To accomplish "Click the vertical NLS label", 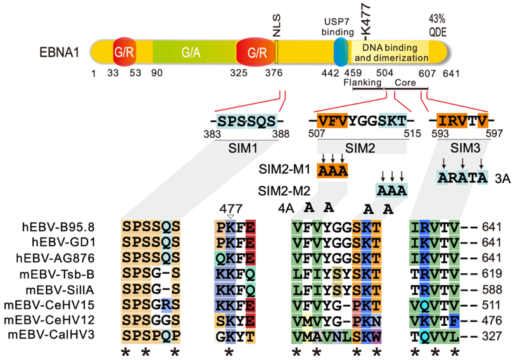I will coord(277,24).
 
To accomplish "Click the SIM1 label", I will coord(244,146).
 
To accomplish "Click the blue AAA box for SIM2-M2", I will coord(391,190).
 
